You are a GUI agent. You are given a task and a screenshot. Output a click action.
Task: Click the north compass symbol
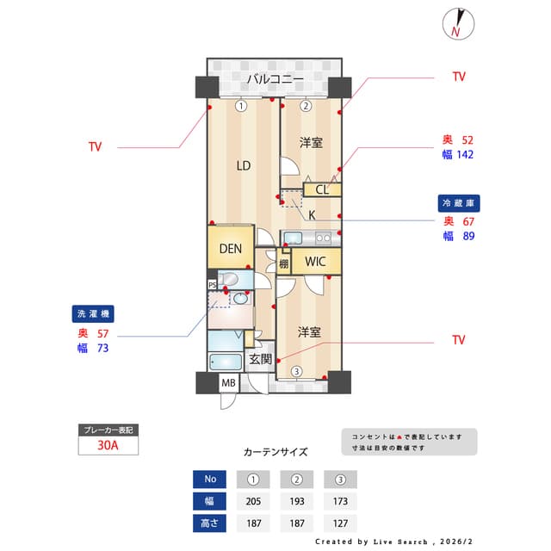[x=456, y=24]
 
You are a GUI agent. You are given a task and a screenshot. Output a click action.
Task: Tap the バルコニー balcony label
[x=275, y=79]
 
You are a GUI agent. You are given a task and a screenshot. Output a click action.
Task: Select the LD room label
[x=244, y=166]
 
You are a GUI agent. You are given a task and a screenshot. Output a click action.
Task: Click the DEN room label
[x=230, y=249]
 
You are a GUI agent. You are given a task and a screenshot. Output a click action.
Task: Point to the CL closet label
[x=321, y=190]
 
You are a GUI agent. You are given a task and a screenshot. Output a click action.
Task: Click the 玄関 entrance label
[x=261, y=359]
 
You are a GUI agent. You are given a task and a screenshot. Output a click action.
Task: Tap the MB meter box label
[x=229, y=383]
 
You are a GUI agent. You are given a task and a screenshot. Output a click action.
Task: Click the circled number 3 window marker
[x=296, y=372]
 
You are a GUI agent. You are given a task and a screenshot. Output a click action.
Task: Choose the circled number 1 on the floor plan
[x=242, y=106]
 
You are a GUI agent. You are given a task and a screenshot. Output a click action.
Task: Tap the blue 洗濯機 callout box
[x=92, y=314]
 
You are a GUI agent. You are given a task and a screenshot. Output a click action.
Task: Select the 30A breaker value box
[x=108, y=446]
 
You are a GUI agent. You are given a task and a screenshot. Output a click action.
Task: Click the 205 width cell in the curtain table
[x=252, y=501]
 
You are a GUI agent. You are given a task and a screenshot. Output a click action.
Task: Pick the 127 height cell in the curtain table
[x=340, y=523]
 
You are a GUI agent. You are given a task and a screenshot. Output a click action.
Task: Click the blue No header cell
[x=209, y=479]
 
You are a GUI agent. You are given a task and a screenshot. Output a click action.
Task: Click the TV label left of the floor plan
[x=95, y=147]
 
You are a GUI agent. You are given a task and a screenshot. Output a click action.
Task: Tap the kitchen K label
[x=312, y=214]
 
